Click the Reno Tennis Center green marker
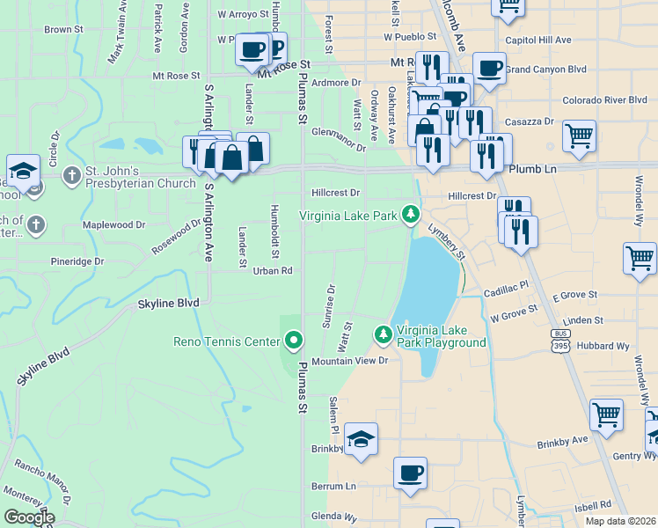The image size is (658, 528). [x=295, y=340]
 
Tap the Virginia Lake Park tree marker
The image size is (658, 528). [x=409, y=214]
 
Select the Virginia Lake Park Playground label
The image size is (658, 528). [x=441, y=336]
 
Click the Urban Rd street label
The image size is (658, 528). [x=273, y=271]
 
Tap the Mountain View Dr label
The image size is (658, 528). [x=349, y=362]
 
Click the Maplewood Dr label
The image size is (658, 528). [x=113, y=225]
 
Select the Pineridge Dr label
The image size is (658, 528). [x=77, y=261]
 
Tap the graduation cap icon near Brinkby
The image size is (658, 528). [x=361, y=437]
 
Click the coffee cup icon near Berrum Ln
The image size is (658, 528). [x=410, y=473]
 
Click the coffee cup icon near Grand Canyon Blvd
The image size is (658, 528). [x=489, y=67]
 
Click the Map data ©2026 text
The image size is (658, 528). [x=621, y=521]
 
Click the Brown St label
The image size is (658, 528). [x=63, y=29]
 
